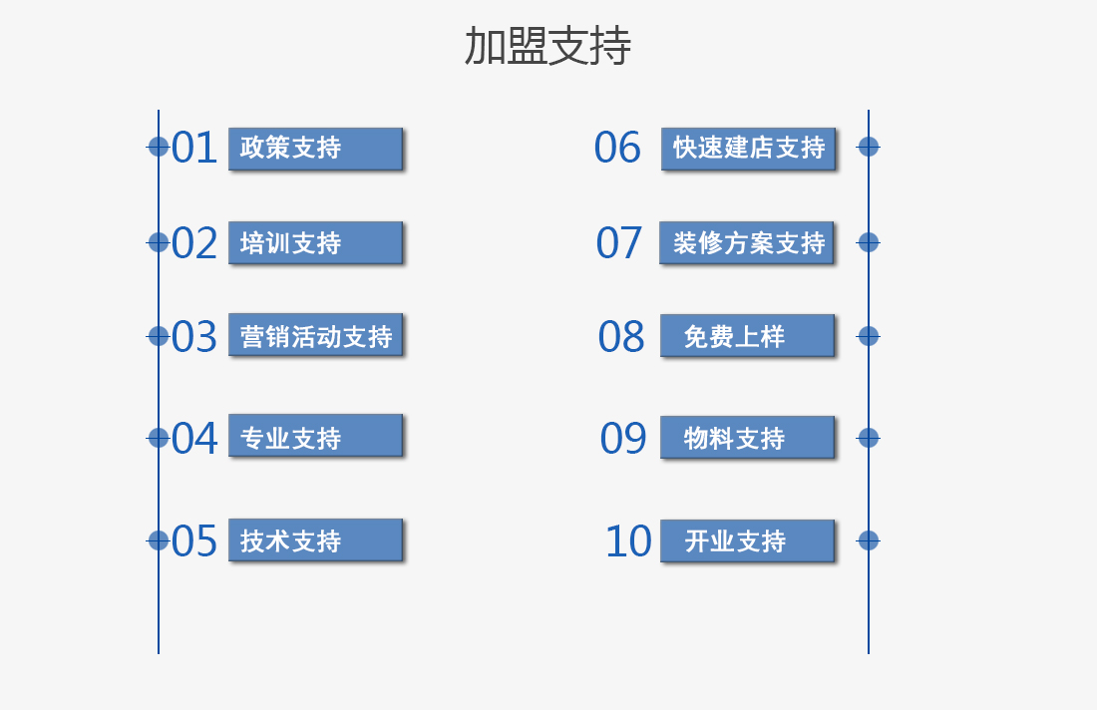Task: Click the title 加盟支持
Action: click(548, 46)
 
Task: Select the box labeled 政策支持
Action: click(315, 149)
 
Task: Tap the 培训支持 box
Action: click(315, 242)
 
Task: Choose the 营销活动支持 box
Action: click(315, 335)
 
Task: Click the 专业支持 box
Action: click(315, 436)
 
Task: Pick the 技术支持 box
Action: click(315, 540)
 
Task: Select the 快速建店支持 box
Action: click(749, 149)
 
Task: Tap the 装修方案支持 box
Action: click(747, 242)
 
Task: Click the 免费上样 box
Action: click(748, 336)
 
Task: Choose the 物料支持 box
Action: click(748, 438)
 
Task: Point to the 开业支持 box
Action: click(748, 540)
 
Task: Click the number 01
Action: click(194, 148)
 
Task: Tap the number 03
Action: click(194, 336)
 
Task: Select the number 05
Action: click(194, 540)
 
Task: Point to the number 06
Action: click(617, 148)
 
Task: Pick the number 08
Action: click(620, 336)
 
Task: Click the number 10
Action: click(628, 540)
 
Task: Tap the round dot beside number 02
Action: click(159, 242)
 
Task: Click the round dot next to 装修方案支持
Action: click(869, 242)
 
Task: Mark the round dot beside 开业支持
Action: click(869, 540)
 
